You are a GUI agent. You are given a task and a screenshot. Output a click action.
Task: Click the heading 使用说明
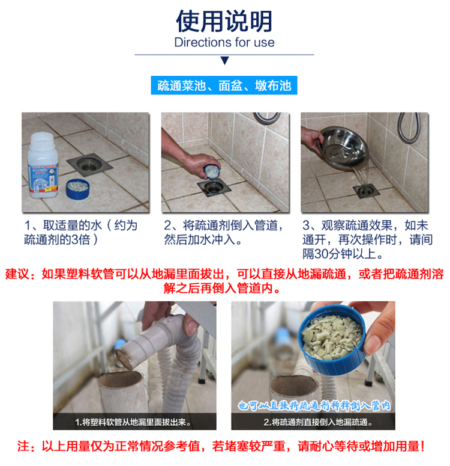point(224,21)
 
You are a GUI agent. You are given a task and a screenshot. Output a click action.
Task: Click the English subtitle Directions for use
point(224,42)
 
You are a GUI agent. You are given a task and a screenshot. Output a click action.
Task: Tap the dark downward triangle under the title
point(225,61)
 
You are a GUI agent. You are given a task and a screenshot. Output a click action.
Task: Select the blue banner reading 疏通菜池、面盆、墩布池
point(224,85)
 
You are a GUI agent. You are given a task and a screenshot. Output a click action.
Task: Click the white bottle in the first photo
point(43,165)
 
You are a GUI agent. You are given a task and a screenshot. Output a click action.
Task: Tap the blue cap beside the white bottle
point(78,189)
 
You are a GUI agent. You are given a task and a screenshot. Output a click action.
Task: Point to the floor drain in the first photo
point(89,165)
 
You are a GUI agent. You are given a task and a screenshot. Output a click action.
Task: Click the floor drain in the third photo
point(367,191)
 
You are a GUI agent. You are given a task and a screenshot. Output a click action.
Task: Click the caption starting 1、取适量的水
point(80,233)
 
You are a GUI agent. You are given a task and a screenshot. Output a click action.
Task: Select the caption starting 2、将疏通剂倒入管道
point(224,233)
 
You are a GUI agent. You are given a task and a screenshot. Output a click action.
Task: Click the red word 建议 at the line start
point(17,274)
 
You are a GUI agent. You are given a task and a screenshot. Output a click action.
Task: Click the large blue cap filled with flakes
point(332,340)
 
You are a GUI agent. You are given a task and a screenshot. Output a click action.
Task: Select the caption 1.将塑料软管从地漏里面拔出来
point(133,422)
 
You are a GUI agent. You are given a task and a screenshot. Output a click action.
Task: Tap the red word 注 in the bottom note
point(23,446)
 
